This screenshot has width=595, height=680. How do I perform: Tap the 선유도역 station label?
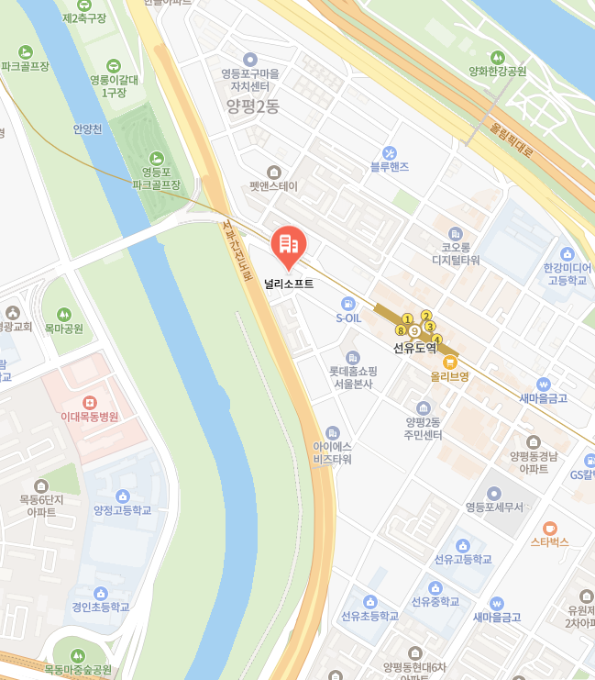pyautogui.click(x=414, y=348)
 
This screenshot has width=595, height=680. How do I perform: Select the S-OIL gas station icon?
pyautogui.click(x=348, y=304)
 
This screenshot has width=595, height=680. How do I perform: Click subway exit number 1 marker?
pyautogui.click(x=407, y=318)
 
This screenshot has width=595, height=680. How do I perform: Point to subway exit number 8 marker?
pyautogui.click(x=400, y=330)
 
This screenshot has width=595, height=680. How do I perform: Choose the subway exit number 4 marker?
pyautogui.click(x=436, y=340)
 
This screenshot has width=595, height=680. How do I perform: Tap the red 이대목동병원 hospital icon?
pyautogui.click(x=90, y=401)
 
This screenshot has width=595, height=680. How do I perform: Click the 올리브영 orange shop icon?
pyautogui.click(x=450, y=362)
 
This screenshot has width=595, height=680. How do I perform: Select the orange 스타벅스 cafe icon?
pyautogui.click(x=549, y=528)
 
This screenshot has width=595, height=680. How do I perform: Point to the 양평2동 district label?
pyautogui.click(x=252, y=106)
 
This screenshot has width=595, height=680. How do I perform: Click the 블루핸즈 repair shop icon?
pyautogui.click(x=390, y=152)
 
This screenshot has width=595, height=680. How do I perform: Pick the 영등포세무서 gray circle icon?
pyautogui.click(x=494, y=493)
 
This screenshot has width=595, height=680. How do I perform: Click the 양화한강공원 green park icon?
pyautogui.click(x=498, y=57)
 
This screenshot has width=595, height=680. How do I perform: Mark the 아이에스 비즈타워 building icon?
pyautogui.click(x=332, y=432)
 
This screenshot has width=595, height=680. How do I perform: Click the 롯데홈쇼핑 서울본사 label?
pyautogui.click(x=353, y=377)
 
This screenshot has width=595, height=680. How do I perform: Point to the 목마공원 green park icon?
pyautogui.click(x=64, y=313)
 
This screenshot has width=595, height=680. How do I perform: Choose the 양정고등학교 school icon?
pyautogui.click(x=123, y=496)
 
